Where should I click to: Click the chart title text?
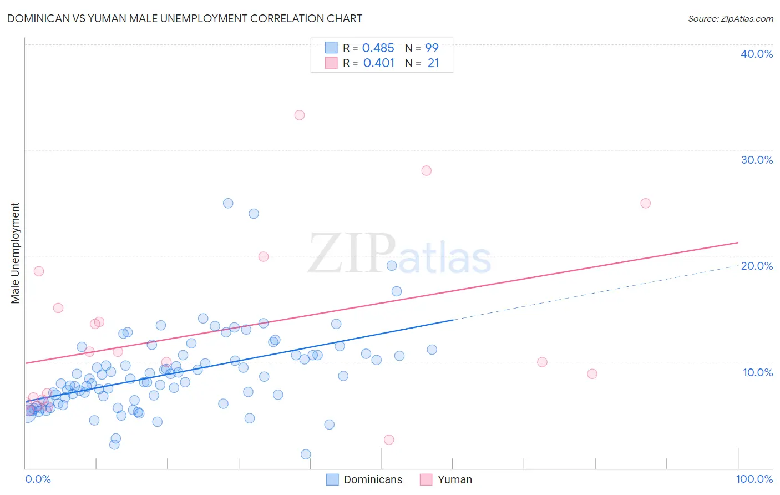click(x=185, y=18)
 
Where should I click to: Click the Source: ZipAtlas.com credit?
click(x=730, y=18)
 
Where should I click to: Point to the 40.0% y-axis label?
click(x=756, y=54)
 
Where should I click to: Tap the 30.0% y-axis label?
click(x=756, y=160)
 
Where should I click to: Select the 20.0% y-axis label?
click(x=756, y=266)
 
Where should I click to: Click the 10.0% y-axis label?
click(x=757, y=372)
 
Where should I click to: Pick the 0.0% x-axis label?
click(x=38, y=479)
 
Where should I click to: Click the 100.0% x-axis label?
click(x=754, y=479)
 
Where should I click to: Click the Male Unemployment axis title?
click(x=15, y=253)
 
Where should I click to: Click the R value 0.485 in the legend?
click(x=378, y=48)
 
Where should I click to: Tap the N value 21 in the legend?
click(x=433, y=63)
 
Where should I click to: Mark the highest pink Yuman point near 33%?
click(x=300, y=115)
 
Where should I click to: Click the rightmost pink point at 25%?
click(x=645, y=203)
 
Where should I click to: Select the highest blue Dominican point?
click(x=228, y=203)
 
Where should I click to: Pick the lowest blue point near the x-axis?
click(x=306, y=454)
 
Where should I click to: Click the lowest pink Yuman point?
click(x=389, y=440)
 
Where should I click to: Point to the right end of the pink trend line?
click(x=738, y=243)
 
